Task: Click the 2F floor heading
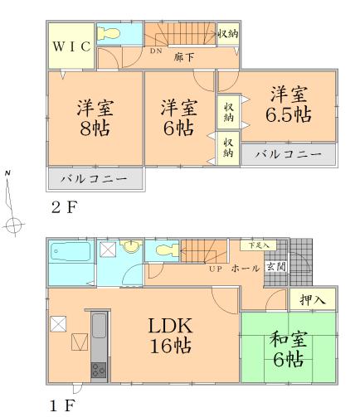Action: [x=64, y=207]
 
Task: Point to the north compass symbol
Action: [x=11, y=203]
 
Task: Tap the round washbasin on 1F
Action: [x=131, y=248]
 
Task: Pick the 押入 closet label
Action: [x=312, y=299]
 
